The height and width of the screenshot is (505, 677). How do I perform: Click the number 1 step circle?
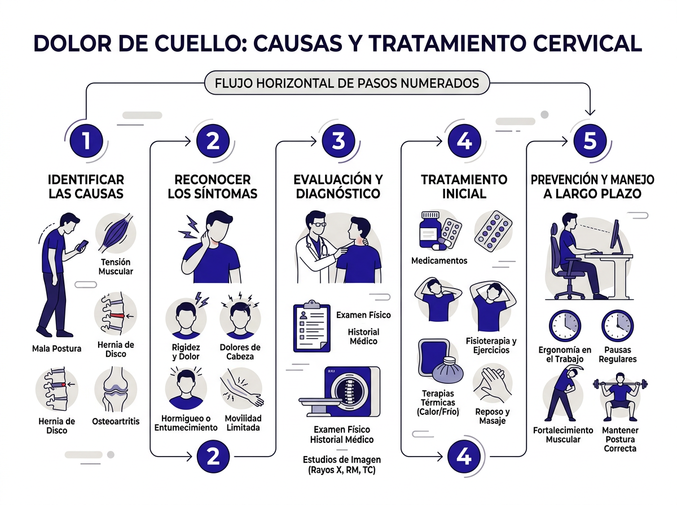coord(86,140)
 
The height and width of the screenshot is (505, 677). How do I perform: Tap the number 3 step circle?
coord(338,140)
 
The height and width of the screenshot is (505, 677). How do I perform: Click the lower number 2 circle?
coord(213,455)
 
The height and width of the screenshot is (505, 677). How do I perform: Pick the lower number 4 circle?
coord(463,455)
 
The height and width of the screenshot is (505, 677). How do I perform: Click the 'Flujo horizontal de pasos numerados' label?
coord(347,83)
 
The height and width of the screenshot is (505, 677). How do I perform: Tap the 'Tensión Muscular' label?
coord(116,267)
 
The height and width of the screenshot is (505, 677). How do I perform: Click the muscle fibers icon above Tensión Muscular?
coord(116,232)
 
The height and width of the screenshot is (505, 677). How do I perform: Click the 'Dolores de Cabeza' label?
coord(240,352)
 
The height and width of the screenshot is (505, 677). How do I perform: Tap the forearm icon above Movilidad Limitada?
coord(241,389)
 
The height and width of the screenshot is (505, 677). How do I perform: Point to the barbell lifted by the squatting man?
coord(619,386)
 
